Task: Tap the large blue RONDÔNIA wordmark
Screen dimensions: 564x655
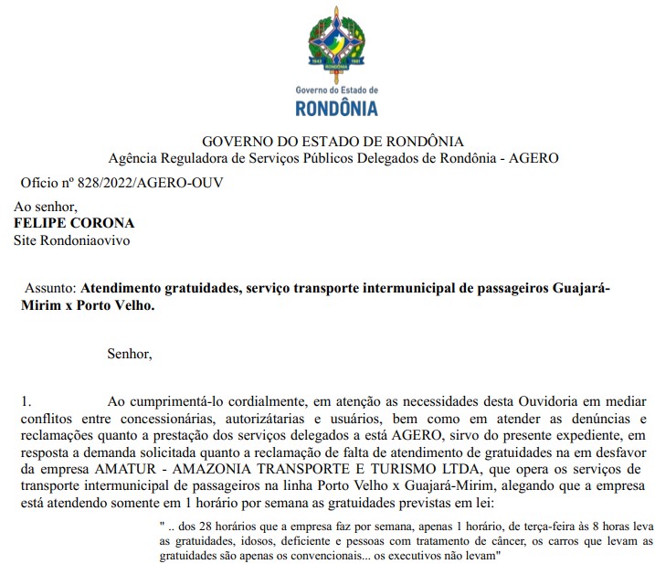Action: click(336, 109)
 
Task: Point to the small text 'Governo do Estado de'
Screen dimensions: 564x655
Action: click(336, 90)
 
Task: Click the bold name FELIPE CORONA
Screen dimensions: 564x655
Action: click(74, 224)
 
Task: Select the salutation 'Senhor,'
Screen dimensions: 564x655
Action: click(130, 352)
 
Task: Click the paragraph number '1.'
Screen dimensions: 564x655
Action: click(26, 401)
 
